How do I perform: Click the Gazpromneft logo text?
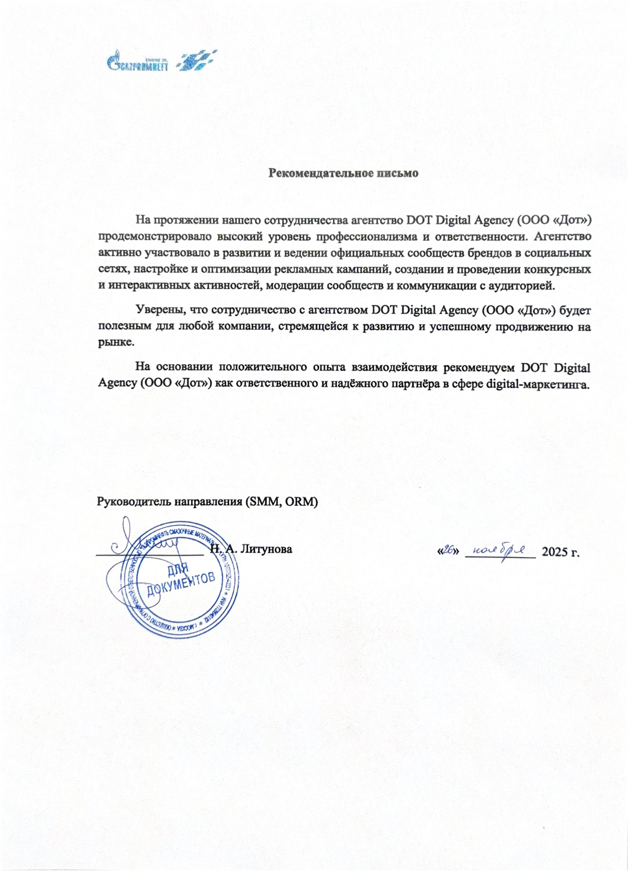point(138,64)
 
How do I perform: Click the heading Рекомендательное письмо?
point(343,173)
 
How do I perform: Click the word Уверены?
point(156,310)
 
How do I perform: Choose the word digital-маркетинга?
point(538,384)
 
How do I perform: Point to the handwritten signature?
point(145,543)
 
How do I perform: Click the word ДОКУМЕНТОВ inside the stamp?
point(181,583)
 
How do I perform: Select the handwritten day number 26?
point(448,550)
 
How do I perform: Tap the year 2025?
point(555,552)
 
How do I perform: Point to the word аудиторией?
point(525,286)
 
